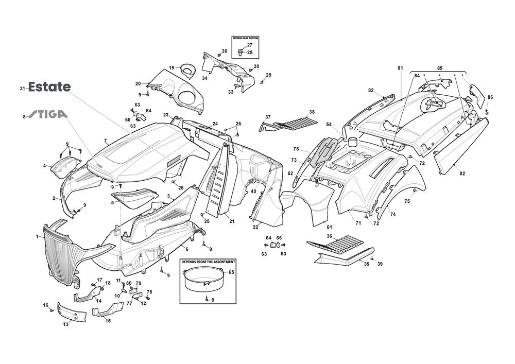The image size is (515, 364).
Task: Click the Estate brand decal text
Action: [49, 87]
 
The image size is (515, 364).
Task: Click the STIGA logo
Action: [47, 115]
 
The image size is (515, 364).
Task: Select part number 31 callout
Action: [23, 88]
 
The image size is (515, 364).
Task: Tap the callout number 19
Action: [171, 67]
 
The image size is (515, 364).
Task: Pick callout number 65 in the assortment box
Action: [231, 272]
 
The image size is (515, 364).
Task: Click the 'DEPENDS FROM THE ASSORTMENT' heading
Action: [208, 262]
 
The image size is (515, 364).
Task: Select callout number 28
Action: [250, 53]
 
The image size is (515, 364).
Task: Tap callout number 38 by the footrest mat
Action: [312, 112]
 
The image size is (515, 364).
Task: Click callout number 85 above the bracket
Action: [440, 68]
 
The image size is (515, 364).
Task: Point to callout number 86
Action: [490, 97]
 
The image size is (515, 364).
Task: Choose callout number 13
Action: [66, 324]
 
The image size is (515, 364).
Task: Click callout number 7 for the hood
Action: [105, 141]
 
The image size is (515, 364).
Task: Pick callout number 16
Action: [46, 305]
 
